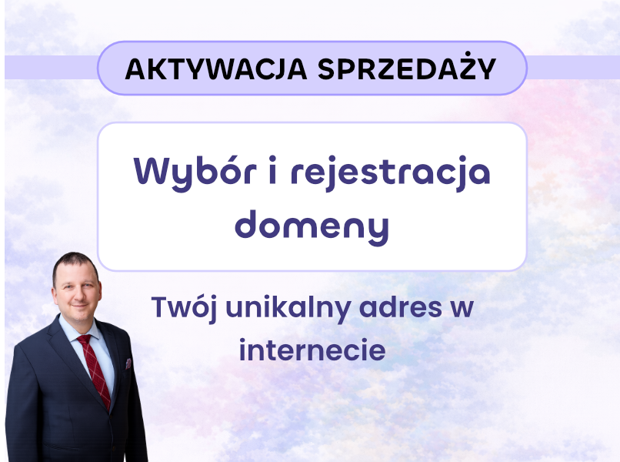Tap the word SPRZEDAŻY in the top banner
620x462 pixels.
[x=407, y=69]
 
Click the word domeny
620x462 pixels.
[x=312, y=224]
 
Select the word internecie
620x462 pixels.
[x=312, y=350]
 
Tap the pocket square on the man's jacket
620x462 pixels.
[x=128, y=363]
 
